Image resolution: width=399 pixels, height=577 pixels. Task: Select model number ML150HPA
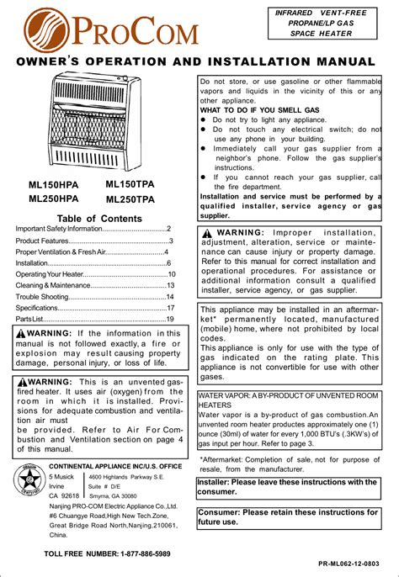coord(54,184)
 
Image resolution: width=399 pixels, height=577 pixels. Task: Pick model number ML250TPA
coord(130,199)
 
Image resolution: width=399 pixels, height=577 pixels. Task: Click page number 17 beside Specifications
coord(170,308)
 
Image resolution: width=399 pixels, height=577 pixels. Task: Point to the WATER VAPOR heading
coord(289,399)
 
